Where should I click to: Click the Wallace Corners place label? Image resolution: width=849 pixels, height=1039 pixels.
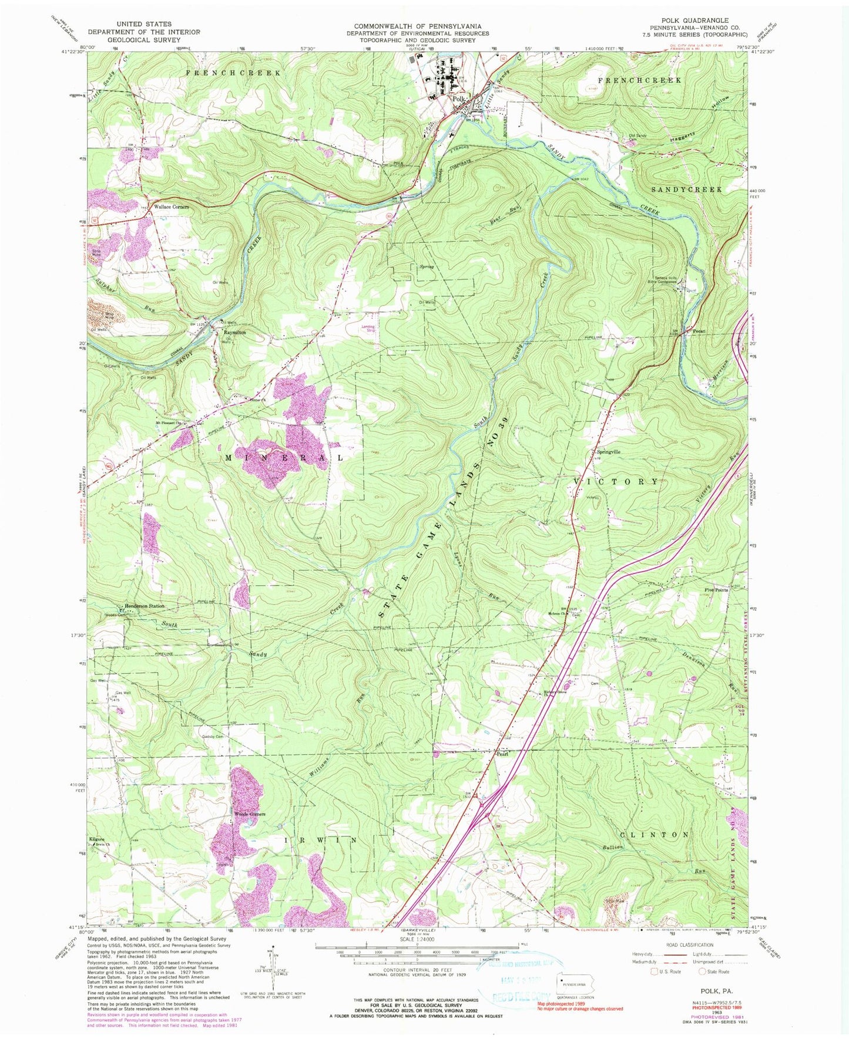(x=171, y=207)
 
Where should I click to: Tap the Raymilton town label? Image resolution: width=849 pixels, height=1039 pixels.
(x=234, y=332)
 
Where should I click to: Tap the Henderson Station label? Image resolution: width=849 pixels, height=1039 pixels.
(x=143, y=606)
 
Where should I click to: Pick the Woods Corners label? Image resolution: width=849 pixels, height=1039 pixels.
(x=250, y=814)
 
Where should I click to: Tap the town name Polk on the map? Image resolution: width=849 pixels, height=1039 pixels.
(x=459, y=100)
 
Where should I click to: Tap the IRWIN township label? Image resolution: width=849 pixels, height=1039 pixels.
(x=320, y=840)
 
